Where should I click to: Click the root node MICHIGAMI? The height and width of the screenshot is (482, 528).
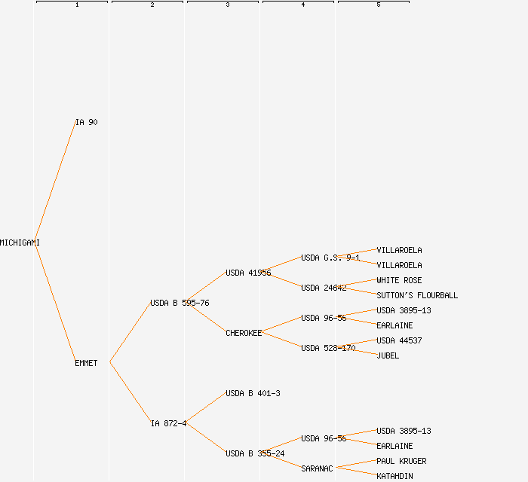20,243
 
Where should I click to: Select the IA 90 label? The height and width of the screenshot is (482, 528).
86,122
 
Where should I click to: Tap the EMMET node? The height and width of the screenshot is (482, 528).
86,363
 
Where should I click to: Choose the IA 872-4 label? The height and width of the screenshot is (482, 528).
168,423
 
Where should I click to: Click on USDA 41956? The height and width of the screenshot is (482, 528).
248,273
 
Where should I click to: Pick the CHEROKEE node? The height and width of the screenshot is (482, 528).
244,333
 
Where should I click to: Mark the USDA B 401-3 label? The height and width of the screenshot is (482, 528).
253,393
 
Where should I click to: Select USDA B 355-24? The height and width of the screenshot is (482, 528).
255,453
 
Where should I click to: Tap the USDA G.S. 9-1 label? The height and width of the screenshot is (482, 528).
330,258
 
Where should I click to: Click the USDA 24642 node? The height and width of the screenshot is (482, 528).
324,288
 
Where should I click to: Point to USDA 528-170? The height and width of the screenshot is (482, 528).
328,348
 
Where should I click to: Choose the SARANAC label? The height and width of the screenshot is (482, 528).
317,468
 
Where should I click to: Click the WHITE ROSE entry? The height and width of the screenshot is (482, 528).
399,280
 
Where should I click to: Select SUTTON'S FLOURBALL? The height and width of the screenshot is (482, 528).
417,295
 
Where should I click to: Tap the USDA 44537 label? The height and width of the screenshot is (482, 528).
399,340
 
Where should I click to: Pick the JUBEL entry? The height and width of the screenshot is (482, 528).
388,355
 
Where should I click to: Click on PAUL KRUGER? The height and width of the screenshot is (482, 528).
401,461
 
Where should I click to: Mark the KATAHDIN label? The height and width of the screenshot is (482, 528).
394,476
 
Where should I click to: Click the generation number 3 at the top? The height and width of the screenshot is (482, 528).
228,5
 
